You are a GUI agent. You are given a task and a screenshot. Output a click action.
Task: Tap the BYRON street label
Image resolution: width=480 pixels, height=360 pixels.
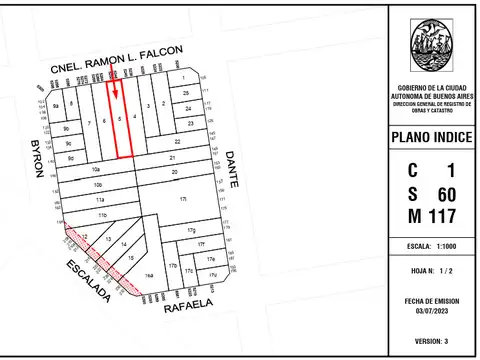coord(38,157)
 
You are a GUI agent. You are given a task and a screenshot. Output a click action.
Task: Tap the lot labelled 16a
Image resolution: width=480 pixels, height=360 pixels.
coord(149,273)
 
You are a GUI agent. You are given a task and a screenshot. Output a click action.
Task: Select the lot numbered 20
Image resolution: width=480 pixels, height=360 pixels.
coord(174,172)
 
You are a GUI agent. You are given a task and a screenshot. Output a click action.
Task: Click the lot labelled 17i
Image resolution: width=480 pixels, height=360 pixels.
coord(182,200)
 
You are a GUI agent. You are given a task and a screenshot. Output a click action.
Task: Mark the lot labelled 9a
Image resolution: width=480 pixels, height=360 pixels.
coord(57,105)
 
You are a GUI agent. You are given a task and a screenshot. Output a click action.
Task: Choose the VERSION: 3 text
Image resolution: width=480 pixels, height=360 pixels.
coord(431,341)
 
